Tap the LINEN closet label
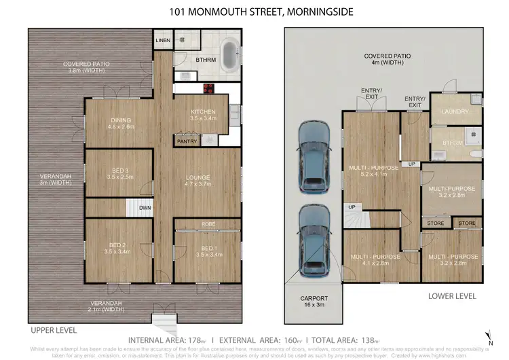[x=163, y=40]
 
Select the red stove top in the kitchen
[x=208, y=88]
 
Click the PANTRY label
[x=186, y=142]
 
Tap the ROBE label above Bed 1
[x=208, y=223]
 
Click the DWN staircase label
[x=145, y=208]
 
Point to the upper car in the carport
[x=314, y=158]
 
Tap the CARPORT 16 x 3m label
[x=314, y=302]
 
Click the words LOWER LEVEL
[x=452, y=296]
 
